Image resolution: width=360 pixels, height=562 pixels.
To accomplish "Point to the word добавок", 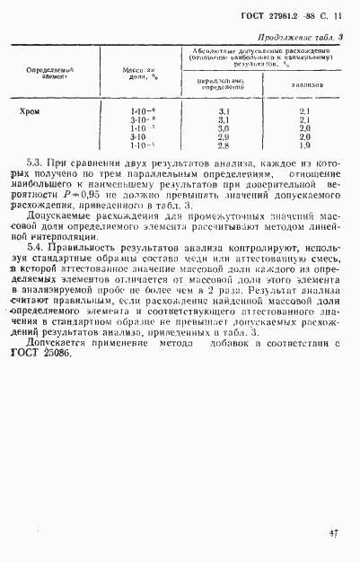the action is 228,342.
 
